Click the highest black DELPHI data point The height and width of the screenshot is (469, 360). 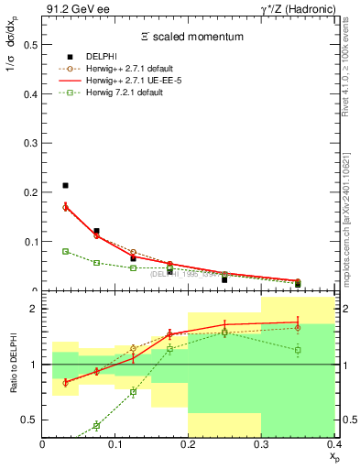pyautogui.click(x=65, y=186)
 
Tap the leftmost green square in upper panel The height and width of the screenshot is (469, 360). pyautogui.click(x=65, y=251)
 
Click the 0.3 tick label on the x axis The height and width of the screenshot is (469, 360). pyautogui.click(x=261, y=445)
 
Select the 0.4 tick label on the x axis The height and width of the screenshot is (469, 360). pyautogui.click(x=333, y=445)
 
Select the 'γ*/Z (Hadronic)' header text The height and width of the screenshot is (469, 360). pyautogui.click(x=297, y=8)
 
